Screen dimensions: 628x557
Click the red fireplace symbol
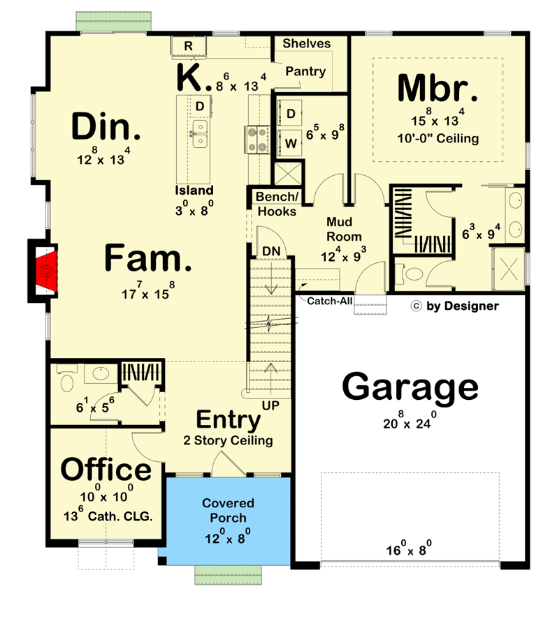pyautogui.click(x=48, y=271)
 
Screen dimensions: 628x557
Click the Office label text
pyautogui.click(x=106, y=470)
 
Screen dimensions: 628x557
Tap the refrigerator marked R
pyautogui.click(x=188, y=46)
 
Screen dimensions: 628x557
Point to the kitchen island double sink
pyautogui.click(x=200, y=134)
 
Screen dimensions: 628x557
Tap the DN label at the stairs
pyautogui.click(x=270, y=251)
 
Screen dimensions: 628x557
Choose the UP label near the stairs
pyautogui.click(x=270, y=405)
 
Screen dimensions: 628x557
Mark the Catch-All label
pyautogui.click(x=326, y=301)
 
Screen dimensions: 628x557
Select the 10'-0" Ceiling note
pyautogui.click(x=438, y=138)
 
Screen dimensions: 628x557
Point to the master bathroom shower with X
pyautogui.click(x=509, y=270)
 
